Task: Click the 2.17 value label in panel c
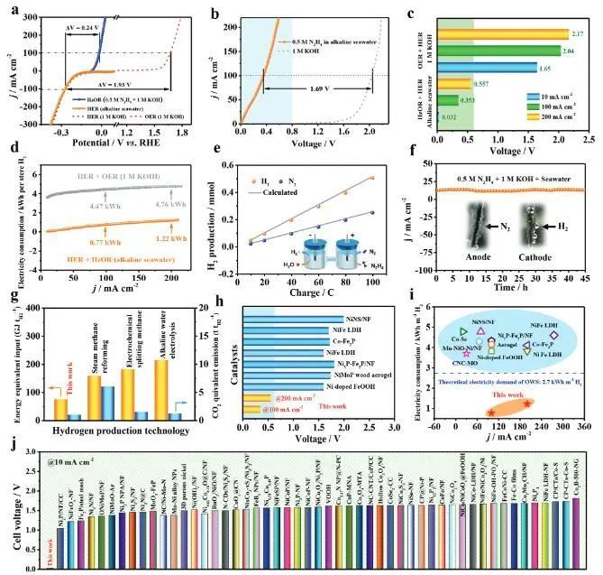coord(579,34)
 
